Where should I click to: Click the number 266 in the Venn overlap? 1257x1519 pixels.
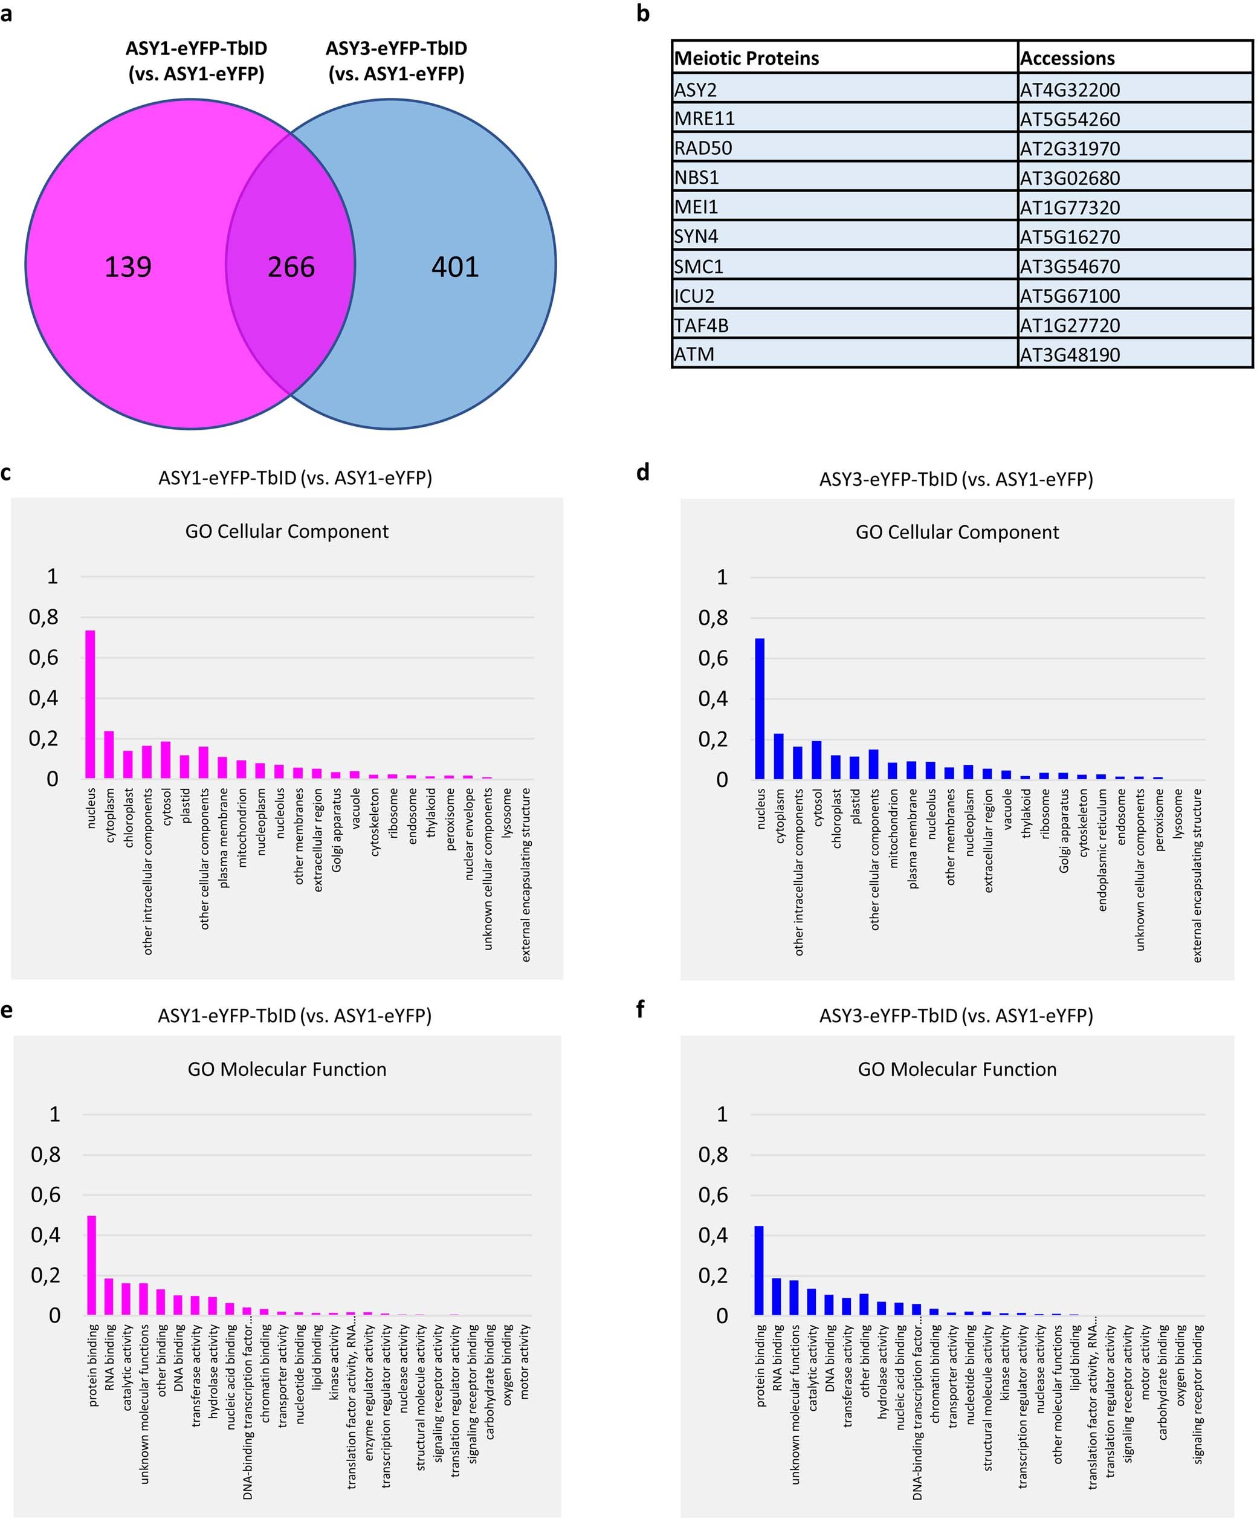click(x=291, y=267)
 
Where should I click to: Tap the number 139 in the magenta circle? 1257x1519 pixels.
click(x=128, y=267)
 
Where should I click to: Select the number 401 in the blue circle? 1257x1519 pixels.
click(x=455, y=267)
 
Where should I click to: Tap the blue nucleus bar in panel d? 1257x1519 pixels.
click(x=760, y=708)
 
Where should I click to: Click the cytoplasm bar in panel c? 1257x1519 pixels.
click(x=109, y=754)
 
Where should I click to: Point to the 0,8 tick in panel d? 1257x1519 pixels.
click(x=713, y=618)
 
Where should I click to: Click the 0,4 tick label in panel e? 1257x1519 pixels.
click(x=45, y=1235)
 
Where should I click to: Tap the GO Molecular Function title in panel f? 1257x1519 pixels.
click(x=956, y=1069)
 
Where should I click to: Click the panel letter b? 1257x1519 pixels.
click(x=642, y=13)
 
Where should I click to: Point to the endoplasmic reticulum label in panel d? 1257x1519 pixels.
click(x=1102, y=849)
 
